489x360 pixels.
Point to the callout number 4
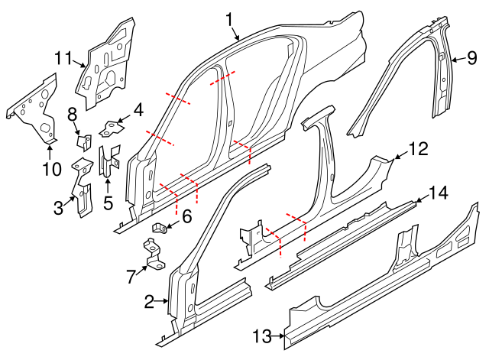(138, 111)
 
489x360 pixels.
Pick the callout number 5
(108, 203)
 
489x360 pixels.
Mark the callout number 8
(73, 115)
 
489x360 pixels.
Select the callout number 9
(471, 57)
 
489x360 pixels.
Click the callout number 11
(63, 57)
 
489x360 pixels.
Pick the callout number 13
(262, 336)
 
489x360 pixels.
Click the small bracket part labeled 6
(160, 227)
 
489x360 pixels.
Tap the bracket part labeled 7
(153, 254)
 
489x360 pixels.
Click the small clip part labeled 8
(85, 141)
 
